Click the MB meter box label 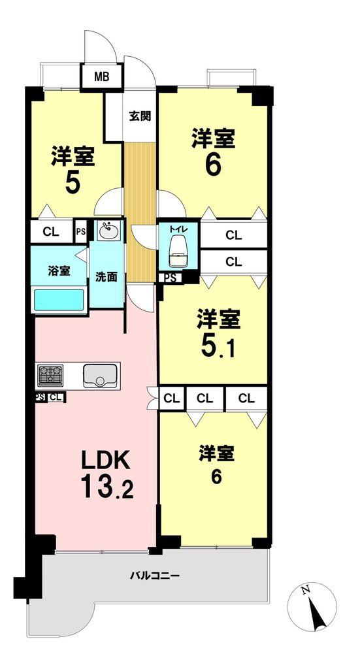[101, 77]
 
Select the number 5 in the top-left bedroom [73, 183]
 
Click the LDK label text [105, 461]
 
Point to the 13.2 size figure [107, 487]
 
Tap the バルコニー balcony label [154, 576]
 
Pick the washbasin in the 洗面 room [107, 231]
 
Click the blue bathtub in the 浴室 [59, 302]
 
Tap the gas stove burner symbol [51, 376]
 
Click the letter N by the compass [305, 590]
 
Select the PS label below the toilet [169, 278]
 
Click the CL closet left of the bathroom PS [50, 231]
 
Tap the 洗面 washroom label [106, 276]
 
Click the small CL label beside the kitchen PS [56, 397]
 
